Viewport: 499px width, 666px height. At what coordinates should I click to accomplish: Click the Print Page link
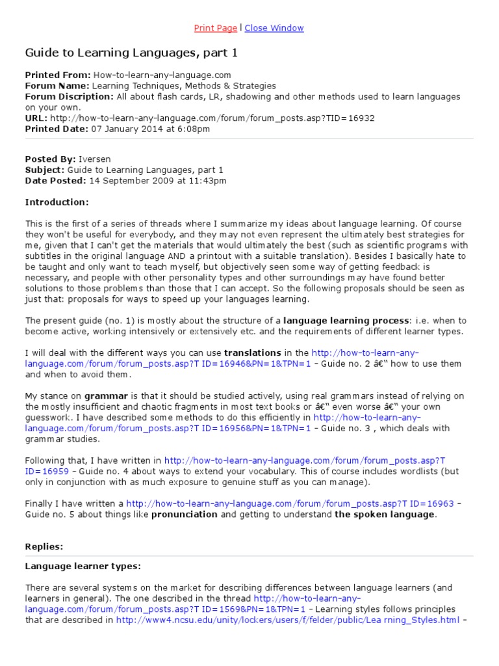pyautogui.click(x=215, y=28)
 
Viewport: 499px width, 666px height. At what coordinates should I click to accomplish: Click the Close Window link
pyautogui.click(x=274, y=28)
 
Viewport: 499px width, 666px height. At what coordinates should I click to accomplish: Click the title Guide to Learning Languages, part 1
pyautogui.click(x=127, y=52)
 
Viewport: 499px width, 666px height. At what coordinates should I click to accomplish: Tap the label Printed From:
pyautogui.click(x=58, y=75)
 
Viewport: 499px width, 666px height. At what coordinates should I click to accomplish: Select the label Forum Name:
pyautogui.click(x=57, y=86)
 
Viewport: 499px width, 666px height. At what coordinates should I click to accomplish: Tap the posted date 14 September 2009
pyautogui.click(x=124, y=180)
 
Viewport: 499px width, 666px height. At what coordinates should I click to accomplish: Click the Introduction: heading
pyautogui.click(x=57, y=202)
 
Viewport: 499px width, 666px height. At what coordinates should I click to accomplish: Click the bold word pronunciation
pyautogui.click(x=185, y=514)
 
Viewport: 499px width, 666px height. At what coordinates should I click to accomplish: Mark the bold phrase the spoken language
pyautogui.click(x=384, y=514)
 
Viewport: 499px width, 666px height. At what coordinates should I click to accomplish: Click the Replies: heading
pyautogui.click(x=44, y=547)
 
